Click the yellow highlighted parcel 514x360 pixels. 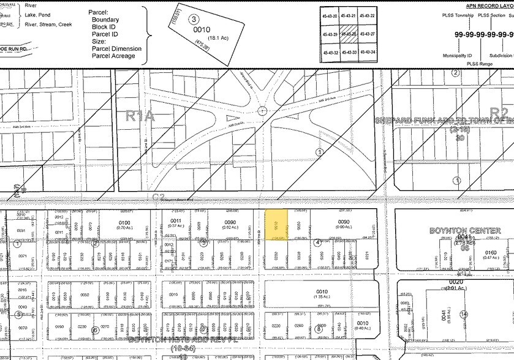tap(275, 225)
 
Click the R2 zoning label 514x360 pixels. tap(499, 113)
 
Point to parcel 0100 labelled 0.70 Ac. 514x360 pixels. tap(124, 223)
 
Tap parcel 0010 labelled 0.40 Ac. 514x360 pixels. tap(362, 324)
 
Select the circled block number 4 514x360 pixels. tap(317, 242)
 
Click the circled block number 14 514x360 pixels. tap(464, 314)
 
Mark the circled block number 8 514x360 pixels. tap(319, 329)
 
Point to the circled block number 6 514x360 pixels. tap(95, 329)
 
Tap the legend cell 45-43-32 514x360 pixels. tap(331, 53)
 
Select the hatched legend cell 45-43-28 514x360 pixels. tap(349, 34)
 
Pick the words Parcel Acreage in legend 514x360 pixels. tap(113, 56)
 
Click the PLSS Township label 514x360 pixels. tap(459, 15)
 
